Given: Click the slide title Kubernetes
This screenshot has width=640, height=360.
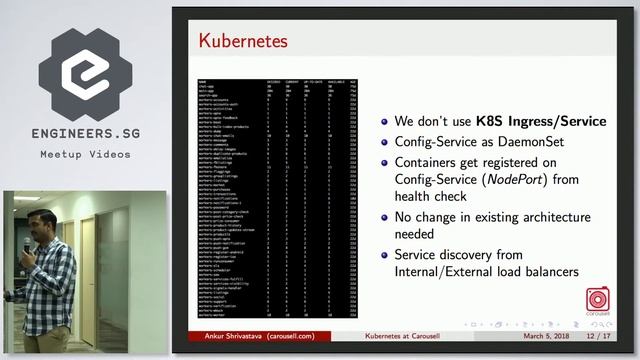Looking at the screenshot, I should click(243, 41).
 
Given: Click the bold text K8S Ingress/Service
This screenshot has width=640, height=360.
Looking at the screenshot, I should click(543, 121).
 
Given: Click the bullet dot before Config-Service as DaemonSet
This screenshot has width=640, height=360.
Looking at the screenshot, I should click(385, 143).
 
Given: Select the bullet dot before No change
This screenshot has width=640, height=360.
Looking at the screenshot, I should click(385, 218).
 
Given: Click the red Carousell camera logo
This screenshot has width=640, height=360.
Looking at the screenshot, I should click(599, 300).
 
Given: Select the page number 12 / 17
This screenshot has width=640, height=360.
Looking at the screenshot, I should click(603, 338).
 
